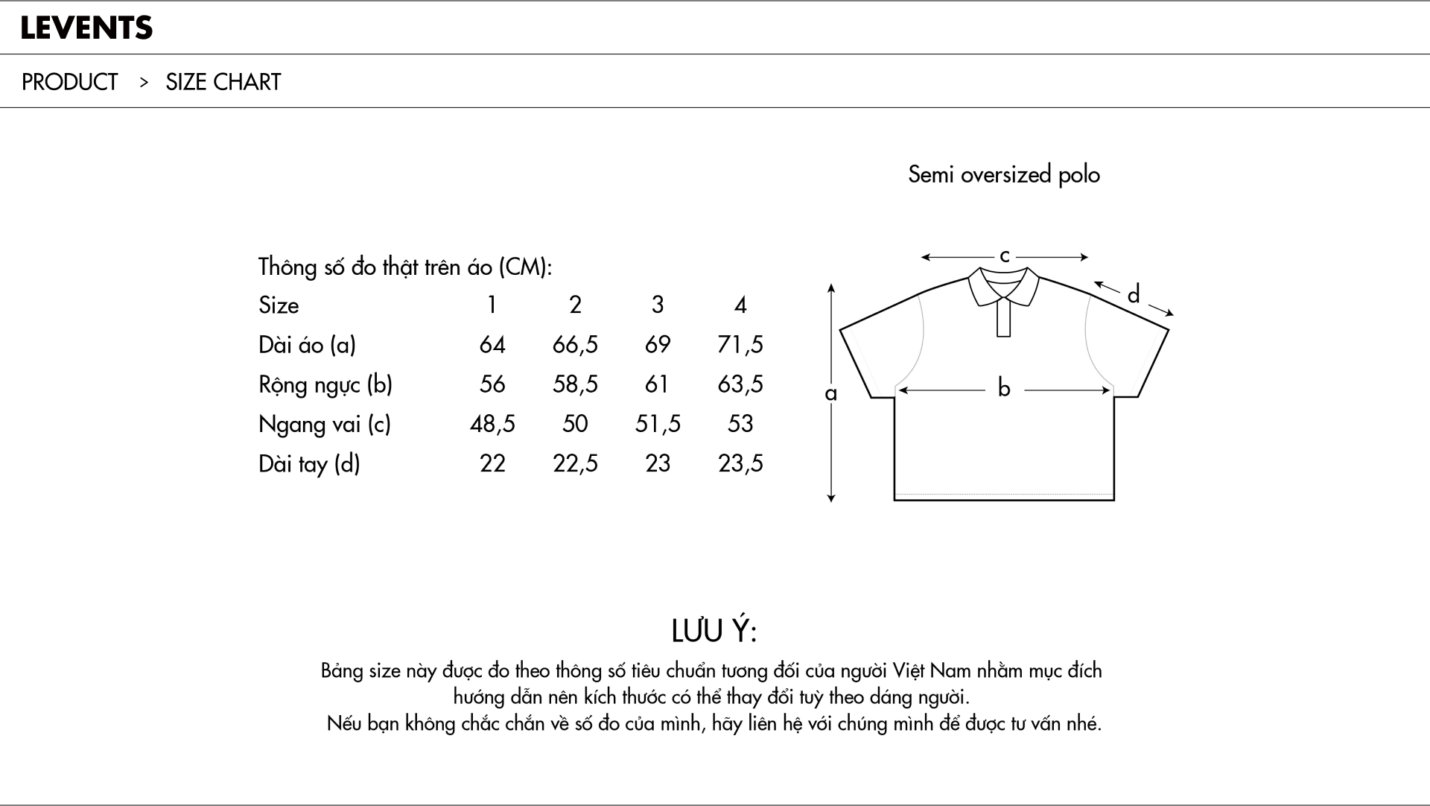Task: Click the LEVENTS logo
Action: [x=86, y=28]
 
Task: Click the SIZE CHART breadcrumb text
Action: [x=223, y=82]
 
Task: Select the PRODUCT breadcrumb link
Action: [x=69, y=82]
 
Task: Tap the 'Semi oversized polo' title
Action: [x=1003, y=175]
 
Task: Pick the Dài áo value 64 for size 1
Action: [x=492, y=345]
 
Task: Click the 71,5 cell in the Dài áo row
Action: [x=740, y=345]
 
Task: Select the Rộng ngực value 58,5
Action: [x=575, y=384]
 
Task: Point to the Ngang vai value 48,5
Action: [x=492, y=424]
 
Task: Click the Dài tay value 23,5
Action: [x=740, y=464]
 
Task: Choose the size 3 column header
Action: [x=658, y=305]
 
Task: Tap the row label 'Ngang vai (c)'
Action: [x=324, y=424]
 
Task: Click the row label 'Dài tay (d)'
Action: [x=309, y=464]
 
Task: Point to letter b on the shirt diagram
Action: [x=1004, y=388]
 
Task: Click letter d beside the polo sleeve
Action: [x=1134, y=295]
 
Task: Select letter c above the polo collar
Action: [x=1004, y=256]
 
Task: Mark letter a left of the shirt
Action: [x=831, y=393]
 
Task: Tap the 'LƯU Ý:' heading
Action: [x=714, y=631]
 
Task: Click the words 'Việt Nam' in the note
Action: [x=932, y=671]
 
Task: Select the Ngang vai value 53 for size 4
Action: [x=740, y=424]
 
